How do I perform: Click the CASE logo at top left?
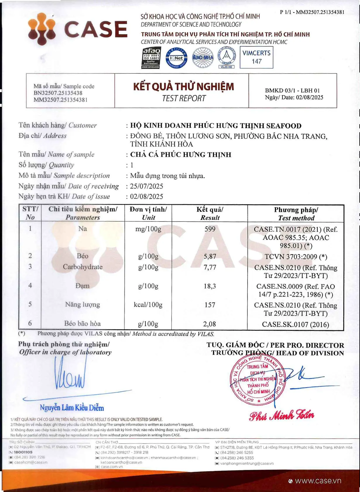coord(78,29)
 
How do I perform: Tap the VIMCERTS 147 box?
coord(256,57)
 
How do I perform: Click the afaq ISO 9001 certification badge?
coord(151,58)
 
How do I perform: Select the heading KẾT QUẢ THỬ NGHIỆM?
coord(184,87)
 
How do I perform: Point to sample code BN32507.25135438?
coord(58,93)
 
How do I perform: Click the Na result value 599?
coord(210,229)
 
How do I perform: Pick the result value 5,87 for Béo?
coord(210,257)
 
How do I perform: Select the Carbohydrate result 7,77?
coord(210,267)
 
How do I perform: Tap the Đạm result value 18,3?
coord(210,286)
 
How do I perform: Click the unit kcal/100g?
coord(148,305)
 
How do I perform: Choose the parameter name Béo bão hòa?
coord(83,324)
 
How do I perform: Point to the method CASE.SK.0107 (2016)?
coord(296,324)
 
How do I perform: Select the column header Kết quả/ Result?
coord(210,213)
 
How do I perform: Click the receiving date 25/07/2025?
coord(147,186)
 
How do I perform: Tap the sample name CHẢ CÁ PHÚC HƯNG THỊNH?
coord(181,155)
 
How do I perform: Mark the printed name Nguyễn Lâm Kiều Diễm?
coord(72,408)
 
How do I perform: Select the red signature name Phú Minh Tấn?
coord(282,415)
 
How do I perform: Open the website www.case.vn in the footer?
coord(318,481)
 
